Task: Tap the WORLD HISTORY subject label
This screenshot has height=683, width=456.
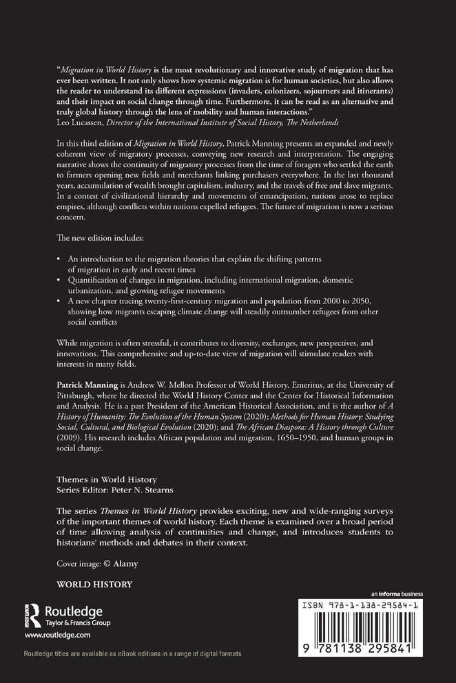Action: tap(94, 584)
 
